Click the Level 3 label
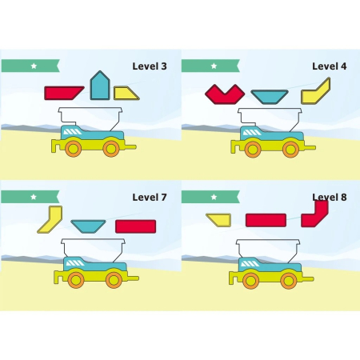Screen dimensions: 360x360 pyautogui.click(x=150, y=66)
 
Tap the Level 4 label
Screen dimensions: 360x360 pyautogui.click(x=330, y=66)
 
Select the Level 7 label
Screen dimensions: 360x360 pyautogui.click(x=150, y=198)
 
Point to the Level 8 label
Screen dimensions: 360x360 pyautogui.click(x=330, y=198)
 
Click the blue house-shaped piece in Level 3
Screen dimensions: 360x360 pyautogui.click(x=100, y=86)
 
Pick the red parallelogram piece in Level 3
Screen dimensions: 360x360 pyautogui.click(x=63, y=93)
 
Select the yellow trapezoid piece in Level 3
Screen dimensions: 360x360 pyautogui.click(x=125, y=94)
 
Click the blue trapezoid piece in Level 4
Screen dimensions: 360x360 pyautogui.click(x=270, y=97)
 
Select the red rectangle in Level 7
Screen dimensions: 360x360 pyautogui.click(x=135, y=226)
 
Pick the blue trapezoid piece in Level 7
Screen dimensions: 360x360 pyautogui.click(x=88, y=226)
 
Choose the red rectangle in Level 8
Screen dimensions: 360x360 pyautogui.click(x=266, y=220)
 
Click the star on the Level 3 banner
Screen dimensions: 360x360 pyautogui.click(x=34, y=66)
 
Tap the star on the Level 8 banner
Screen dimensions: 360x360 pyautogui.click(x=214, y=197)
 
